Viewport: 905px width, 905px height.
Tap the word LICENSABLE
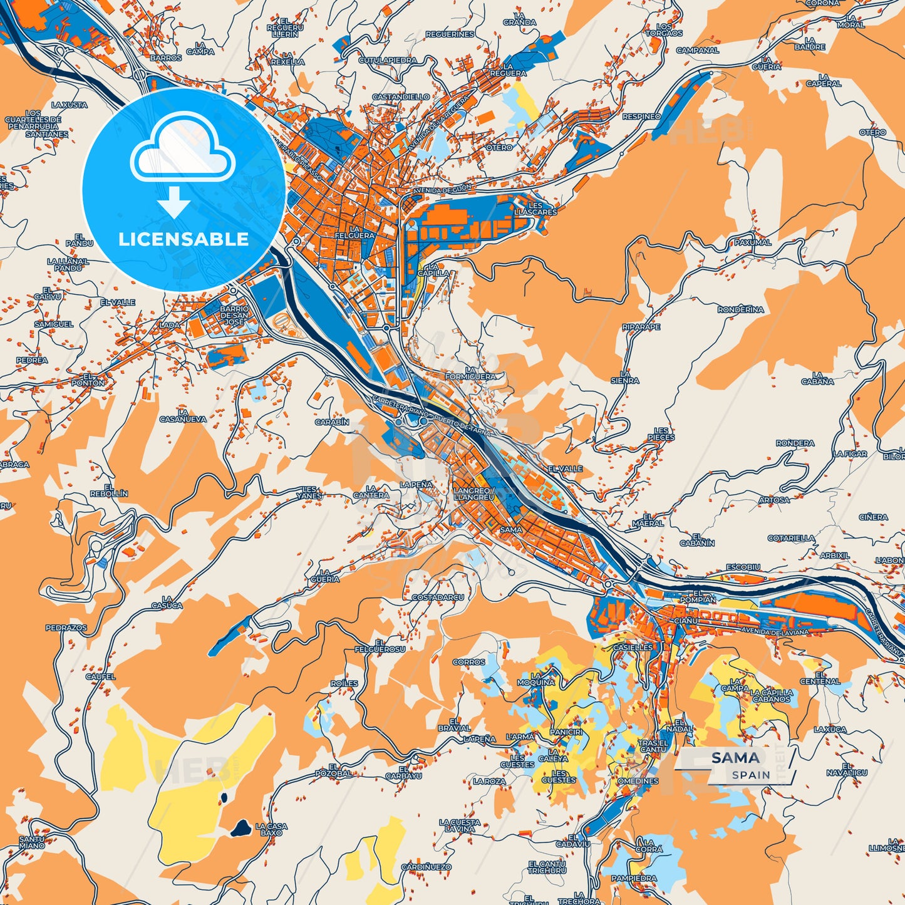pyautogui.click(x=184, y=239)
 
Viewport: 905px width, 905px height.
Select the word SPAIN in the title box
pyautogui.click(x=752, y=775)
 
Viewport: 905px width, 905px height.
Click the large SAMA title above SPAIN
pyautogui.click(x=735, y=758)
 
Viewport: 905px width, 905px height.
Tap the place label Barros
pyautogui.click(x=166, y=58)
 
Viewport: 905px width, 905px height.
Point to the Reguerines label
pyautogui.click(x=450, y=34)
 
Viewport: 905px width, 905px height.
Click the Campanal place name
pyautogui.click(x=697, y=50)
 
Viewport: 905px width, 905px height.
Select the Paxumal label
pyautogui.click(x=753, y=242)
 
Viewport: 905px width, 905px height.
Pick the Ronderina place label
pyautogui.click(x=741, y=309)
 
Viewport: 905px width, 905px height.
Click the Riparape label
pyautogui.click(x=641, y=327)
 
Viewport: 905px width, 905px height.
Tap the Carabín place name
pyautogui.click(x=332, y=422)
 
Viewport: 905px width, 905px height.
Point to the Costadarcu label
pyautogui.click(x=438, y=597)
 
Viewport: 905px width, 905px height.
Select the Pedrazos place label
pyautogui.click(x=66, y=628)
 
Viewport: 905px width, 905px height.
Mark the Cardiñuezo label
pyautogui.click(x=426, y=867)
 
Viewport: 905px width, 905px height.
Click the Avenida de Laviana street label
pyautogui.click(x=774, y=632)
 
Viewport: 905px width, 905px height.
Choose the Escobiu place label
pyautogui.click(x=743, y=567)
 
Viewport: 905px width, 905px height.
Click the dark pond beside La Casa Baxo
pyautogui.click(x=240, y=829)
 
